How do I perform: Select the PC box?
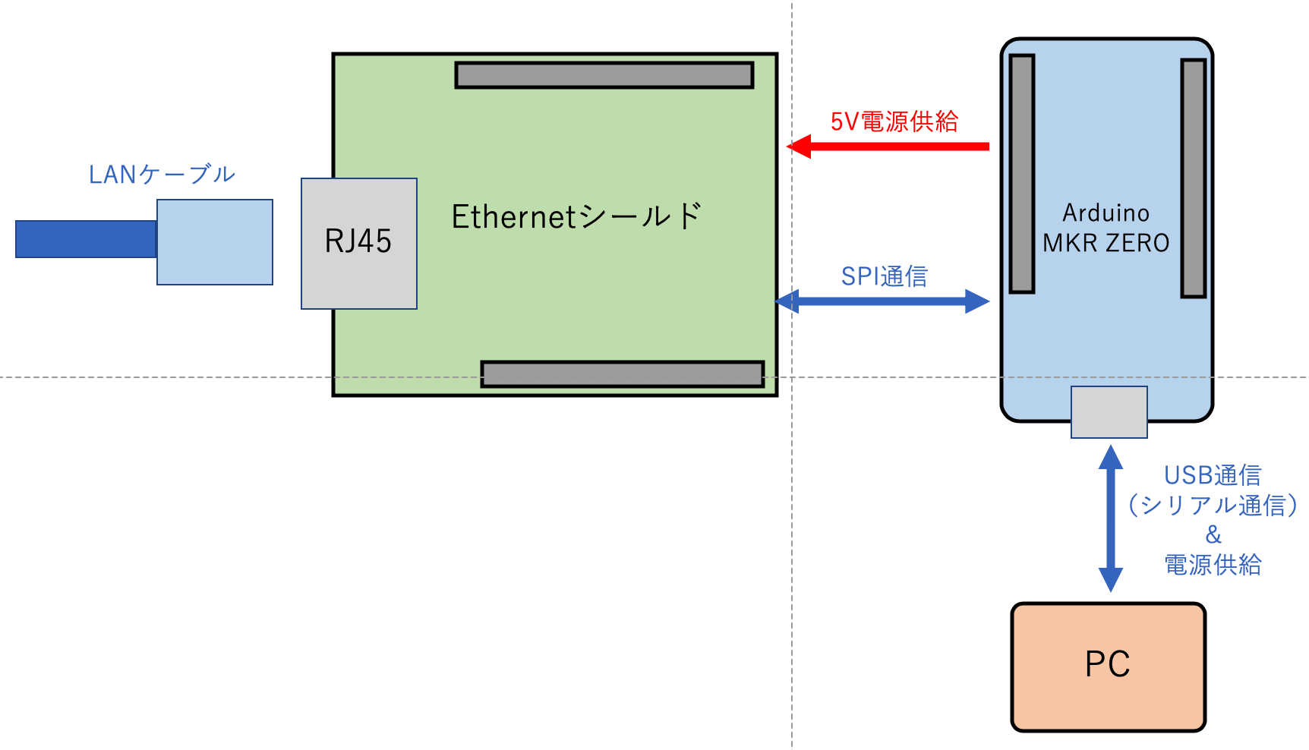[1108, 666]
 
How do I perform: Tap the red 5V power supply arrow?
[888, 146]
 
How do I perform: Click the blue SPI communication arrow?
[882, 301]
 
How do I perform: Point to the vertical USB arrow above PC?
[1110, 518]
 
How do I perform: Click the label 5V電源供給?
[894, 121]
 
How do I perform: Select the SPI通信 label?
[884, 276]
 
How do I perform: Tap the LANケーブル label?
[162, 175]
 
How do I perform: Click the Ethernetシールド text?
[576, 217]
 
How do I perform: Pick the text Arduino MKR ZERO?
[1106, 228]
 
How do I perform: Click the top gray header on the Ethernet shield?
[604, 75]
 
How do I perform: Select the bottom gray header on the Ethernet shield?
[622, 373]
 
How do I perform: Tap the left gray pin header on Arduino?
[1022, 173]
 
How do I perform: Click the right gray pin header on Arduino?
[1193, 178]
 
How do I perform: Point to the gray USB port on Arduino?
[1109, 411]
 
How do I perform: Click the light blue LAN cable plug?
[215, 242]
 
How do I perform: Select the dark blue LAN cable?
[86, 239]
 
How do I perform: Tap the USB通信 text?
[1213, 475]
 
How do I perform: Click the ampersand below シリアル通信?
[1213, 535]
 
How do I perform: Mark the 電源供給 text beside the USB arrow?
[1213, 565]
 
